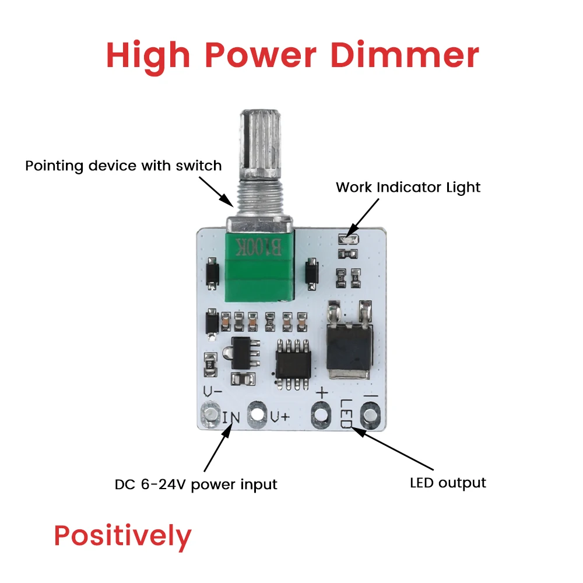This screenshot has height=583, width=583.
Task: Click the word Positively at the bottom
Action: pos(122,536)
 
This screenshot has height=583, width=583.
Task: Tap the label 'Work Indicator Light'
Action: pos(408,188)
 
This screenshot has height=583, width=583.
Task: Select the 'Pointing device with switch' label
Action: pos(123,166)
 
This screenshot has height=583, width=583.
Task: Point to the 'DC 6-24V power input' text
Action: pos(196,484)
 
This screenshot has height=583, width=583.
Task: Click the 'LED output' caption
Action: pos(448,483)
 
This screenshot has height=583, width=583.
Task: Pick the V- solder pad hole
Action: pos(208,415)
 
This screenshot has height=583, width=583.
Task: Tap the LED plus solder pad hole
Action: pos(320,415)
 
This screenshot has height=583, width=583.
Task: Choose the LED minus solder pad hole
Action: pos(369,415)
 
